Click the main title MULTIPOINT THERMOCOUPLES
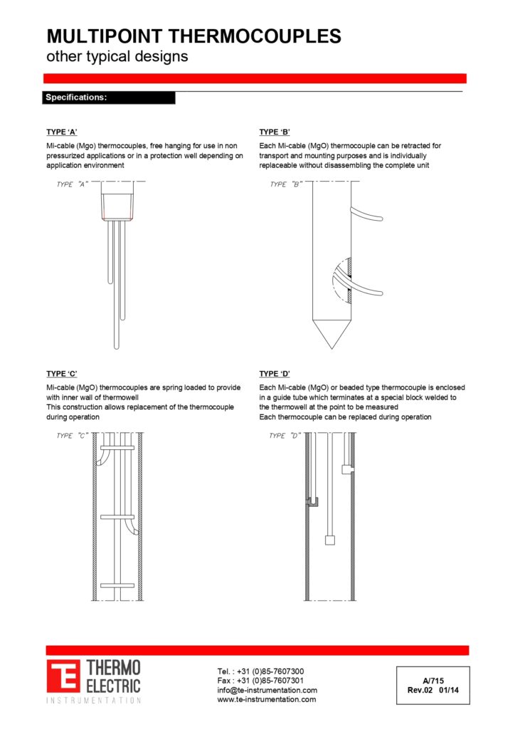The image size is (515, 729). [193, 37]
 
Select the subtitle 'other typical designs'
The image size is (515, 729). [117, 57]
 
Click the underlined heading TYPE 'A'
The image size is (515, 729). [62, 132]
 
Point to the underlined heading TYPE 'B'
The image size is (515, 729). [275, 132]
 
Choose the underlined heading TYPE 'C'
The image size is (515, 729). [62, 374]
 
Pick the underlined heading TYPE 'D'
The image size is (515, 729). [275, 374]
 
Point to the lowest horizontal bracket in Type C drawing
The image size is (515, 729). [117, 585]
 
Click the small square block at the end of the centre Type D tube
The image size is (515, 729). [329, 540]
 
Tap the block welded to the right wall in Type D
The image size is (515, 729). [347, 469]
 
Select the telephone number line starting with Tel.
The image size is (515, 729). [260, 671]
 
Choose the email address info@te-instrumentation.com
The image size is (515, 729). [267, 690]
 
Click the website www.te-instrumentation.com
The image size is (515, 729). [266, 699]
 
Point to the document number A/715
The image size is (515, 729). [432, 681]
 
